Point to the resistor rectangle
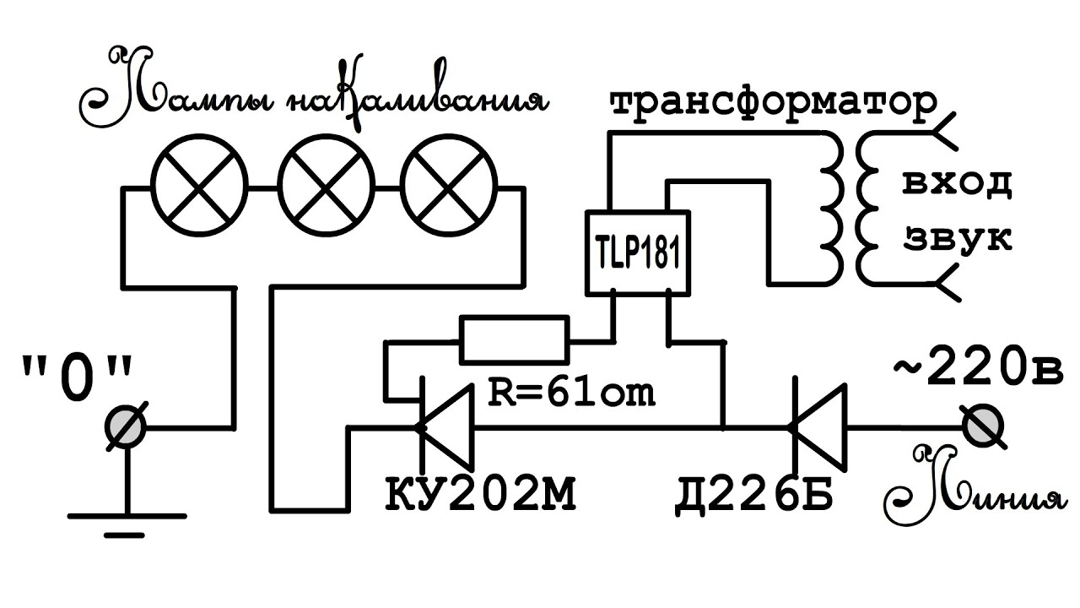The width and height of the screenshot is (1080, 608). pos(515,340)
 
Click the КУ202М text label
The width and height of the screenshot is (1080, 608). pos(481,495)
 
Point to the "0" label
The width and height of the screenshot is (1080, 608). pos(77,373)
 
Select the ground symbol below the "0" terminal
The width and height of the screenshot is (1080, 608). pos(127,519)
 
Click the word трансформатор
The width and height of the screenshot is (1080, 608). pos(772,104)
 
